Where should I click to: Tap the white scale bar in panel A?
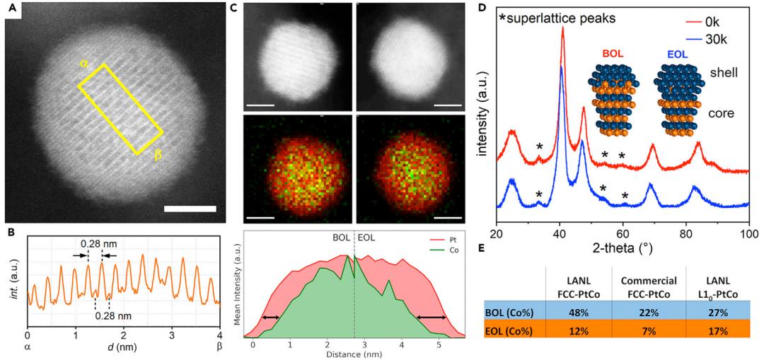pos(190,209)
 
